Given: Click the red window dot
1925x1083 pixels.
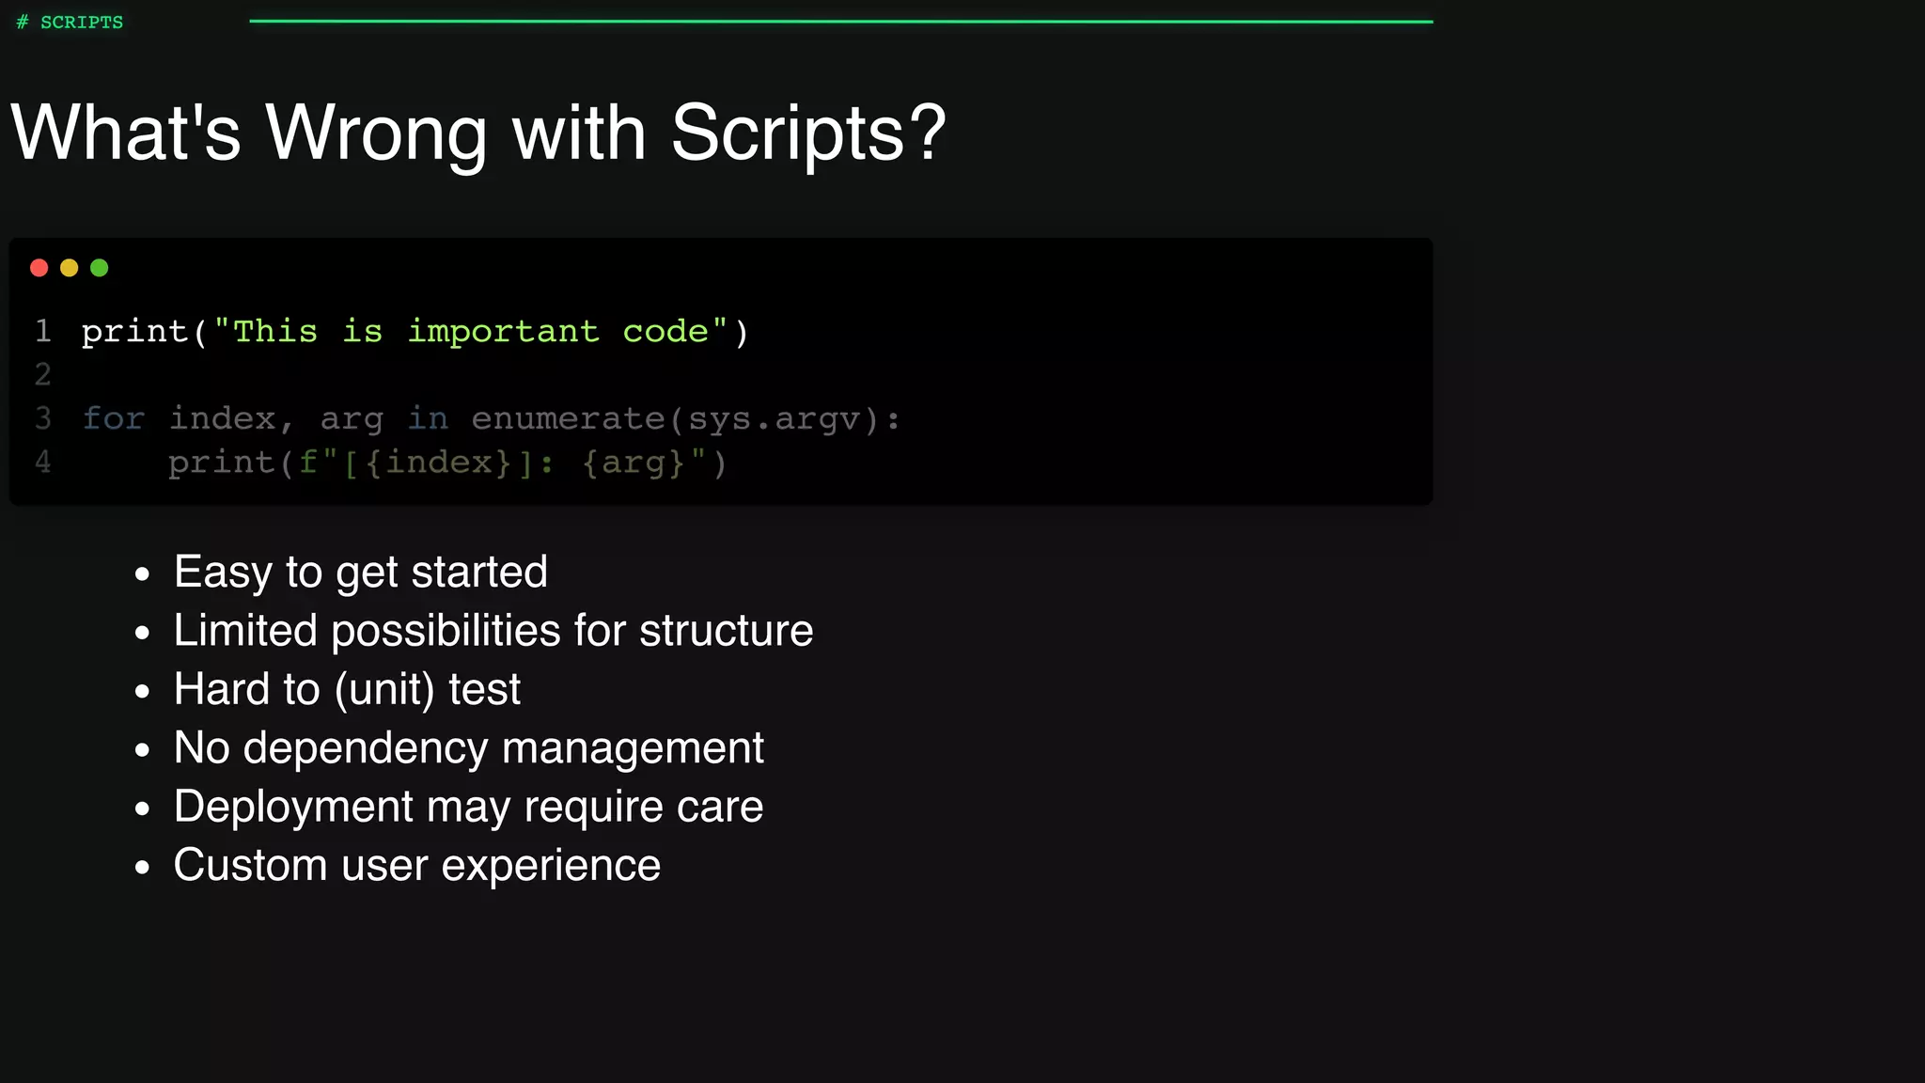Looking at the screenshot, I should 39,268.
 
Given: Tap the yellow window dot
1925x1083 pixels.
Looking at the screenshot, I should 70,268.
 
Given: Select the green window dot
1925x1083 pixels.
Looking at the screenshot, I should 100,268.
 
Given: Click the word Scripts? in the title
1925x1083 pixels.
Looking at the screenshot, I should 808,133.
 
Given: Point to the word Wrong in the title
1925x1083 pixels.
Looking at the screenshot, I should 376,133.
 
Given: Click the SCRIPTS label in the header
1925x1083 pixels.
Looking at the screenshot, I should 82,23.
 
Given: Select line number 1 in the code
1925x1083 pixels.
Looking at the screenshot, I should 43,331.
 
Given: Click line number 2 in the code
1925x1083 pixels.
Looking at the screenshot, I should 43,374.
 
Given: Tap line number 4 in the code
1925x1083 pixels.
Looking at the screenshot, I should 43,462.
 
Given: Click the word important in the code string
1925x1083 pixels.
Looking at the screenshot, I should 503,331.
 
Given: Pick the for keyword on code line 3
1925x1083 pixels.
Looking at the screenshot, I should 114,418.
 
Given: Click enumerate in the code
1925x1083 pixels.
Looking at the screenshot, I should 568,418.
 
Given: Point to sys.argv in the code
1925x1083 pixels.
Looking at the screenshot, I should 775,418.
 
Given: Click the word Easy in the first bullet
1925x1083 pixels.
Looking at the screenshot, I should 223,573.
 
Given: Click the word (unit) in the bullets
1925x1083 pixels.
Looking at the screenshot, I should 384,690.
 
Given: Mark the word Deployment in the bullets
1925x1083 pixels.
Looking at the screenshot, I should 293,807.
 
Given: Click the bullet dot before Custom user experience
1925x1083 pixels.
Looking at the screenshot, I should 142,867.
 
